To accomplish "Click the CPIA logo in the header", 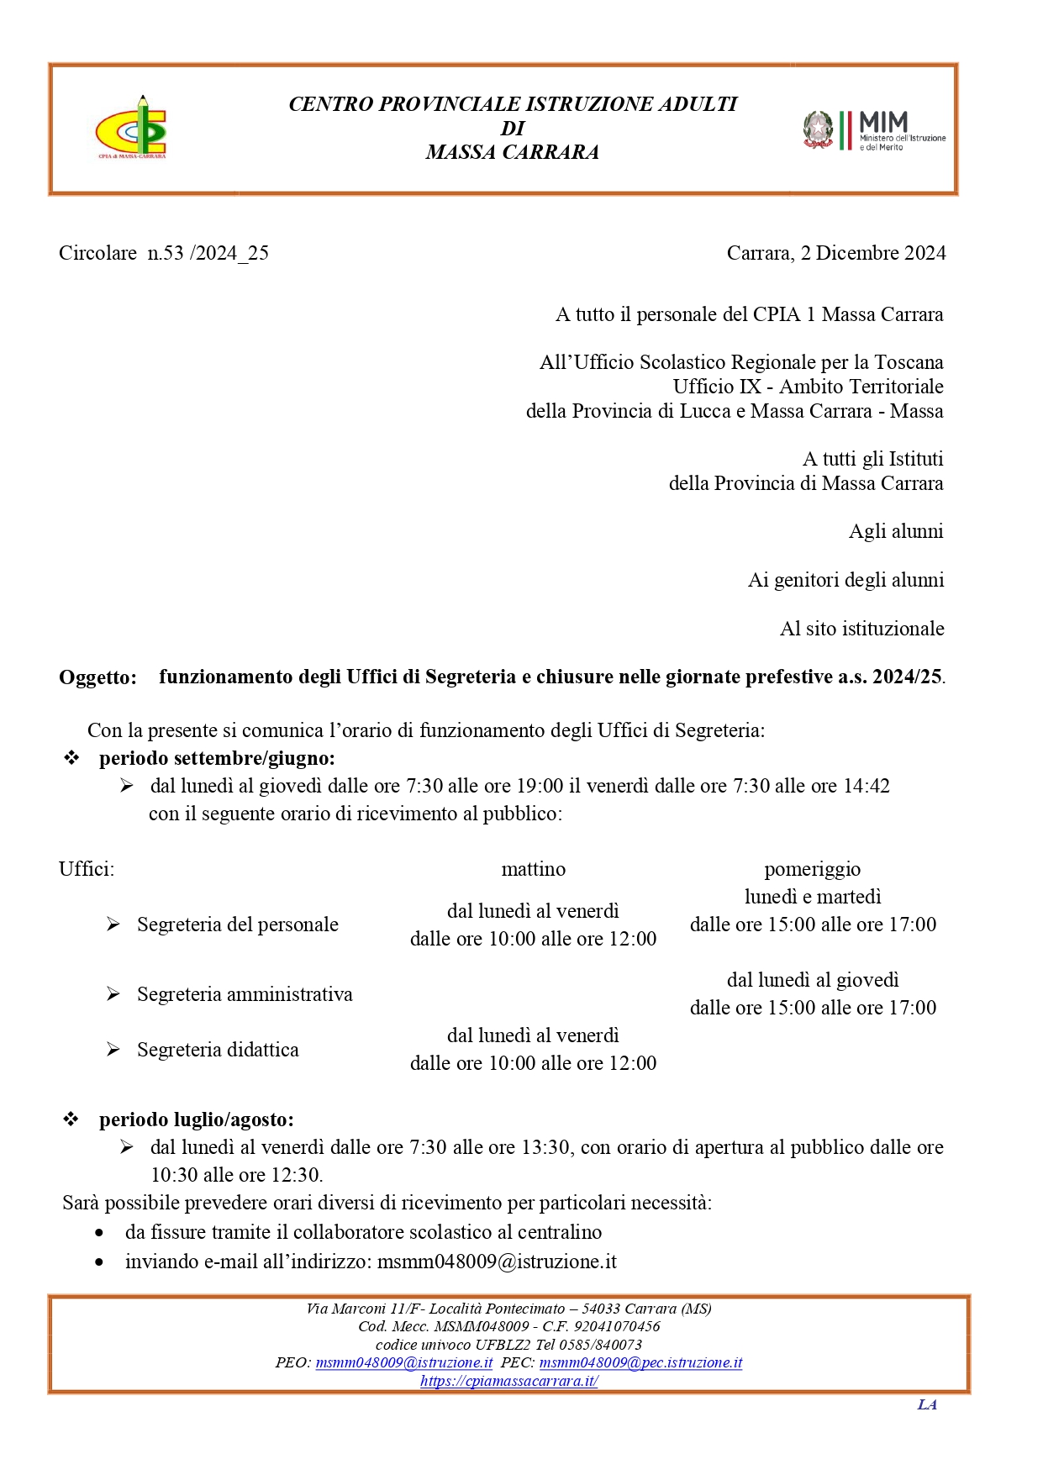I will [x=132, y=127].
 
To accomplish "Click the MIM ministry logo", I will [x=874, y=131].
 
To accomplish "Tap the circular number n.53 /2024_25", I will [x=208, y=253].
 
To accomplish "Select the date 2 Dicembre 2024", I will [x=873, y=253].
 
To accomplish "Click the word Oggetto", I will [x=97, y=677].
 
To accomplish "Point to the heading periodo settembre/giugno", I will [x=217, y=758].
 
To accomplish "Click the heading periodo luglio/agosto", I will [x=197, y=1119].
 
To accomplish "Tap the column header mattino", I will [x=533, y=869].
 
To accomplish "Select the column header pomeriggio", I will [x=812, y=869].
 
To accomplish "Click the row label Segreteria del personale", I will [x=238, y=925].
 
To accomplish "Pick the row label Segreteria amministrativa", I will [x=245, y=994].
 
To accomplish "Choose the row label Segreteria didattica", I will [x=218, y=1050].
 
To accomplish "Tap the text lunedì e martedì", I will [x=813, y=897].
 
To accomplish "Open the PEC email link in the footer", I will [x=640, y=1362].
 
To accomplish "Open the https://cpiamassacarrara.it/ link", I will [x=508, y=1381].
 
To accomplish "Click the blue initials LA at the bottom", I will [x=927, y=1404].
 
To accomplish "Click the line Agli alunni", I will [x=896, y=531].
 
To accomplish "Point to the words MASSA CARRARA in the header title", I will [x=512, y=152].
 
